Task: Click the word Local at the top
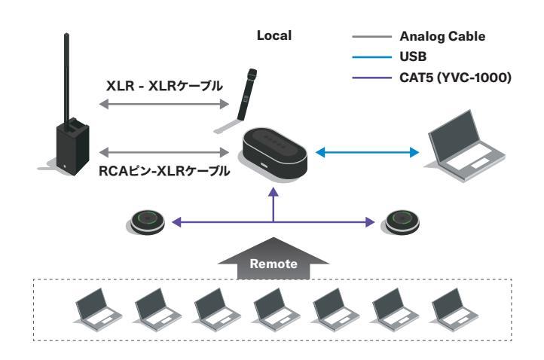tap(274, 35)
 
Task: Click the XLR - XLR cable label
tap(164, 86)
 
